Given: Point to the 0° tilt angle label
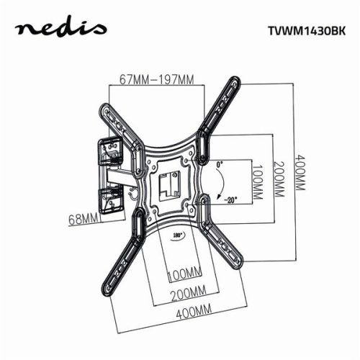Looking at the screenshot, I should tap(220, 165).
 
